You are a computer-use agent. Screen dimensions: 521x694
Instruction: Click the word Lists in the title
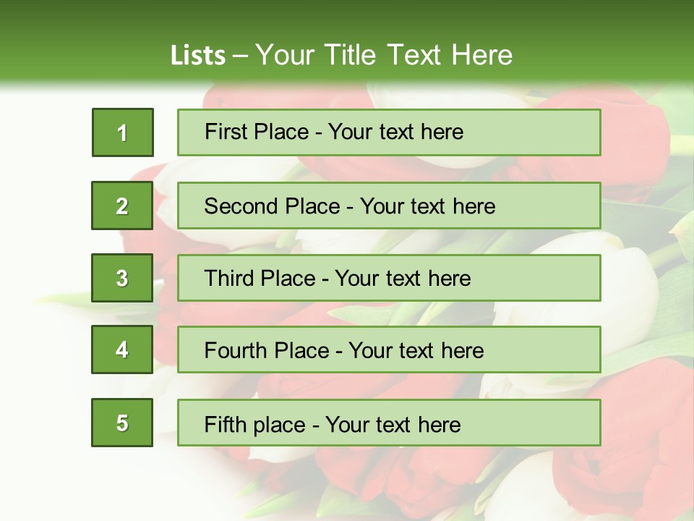198,55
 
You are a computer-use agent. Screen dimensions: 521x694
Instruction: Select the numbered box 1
123,132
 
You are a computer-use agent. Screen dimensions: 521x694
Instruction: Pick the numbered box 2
122,206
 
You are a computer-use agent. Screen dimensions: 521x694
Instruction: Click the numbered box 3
122,278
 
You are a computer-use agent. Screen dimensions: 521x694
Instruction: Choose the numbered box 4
122,350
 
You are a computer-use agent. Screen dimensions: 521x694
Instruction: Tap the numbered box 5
122,423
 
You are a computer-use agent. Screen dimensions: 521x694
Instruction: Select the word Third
231,279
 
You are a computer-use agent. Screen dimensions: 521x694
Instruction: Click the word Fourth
237,351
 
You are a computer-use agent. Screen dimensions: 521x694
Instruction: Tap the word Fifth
225,424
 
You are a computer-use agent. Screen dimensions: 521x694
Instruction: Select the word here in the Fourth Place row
462,351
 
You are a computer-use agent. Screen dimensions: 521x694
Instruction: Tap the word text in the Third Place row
403,279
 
